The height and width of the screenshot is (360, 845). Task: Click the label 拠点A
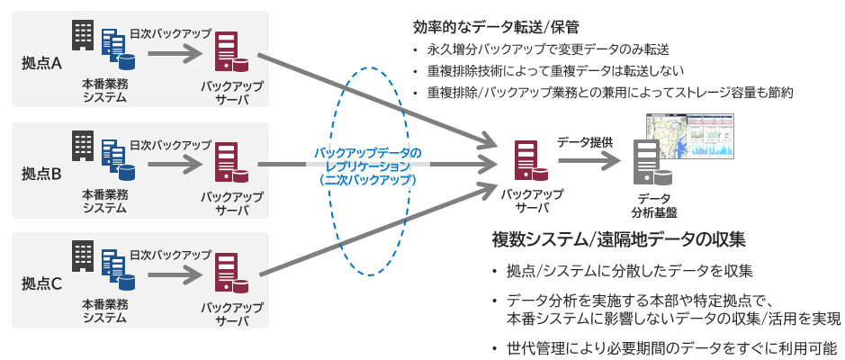pyautogui.click(x=41, y=64)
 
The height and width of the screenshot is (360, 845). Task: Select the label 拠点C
pyautogui.click(x=41, y=284)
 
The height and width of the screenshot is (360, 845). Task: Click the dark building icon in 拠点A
pyautogui.click(x=84, y=34)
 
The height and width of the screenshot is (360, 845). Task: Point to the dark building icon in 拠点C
pyautogui.click(x=84, y=256)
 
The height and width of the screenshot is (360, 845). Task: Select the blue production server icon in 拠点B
pyautogui.click(x=116, y=158)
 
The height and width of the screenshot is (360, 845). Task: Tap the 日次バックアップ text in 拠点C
pyautogui.click(x=171, y=255)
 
